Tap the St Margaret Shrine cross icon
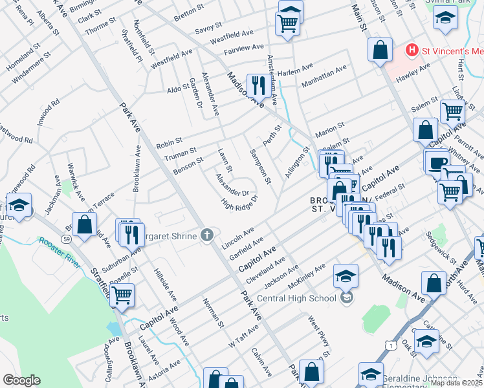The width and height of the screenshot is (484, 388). [207, 235]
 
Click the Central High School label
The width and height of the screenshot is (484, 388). [296, 298]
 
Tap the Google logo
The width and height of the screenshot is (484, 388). [21, 380]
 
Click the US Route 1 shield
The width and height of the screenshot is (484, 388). [391, 346]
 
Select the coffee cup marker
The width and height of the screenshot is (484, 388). [436, 161]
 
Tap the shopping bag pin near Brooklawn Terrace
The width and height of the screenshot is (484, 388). [84, 225]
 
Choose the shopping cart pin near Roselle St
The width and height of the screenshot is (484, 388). [121, 295]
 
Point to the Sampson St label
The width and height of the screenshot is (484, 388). [261, 166]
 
